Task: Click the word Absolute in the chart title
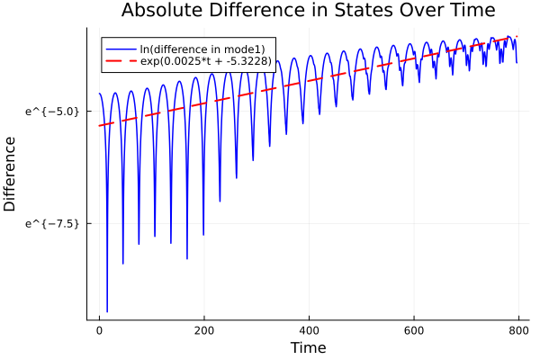pos(159,11)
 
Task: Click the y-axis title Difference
pos(11,174)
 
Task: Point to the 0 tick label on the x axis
pos(99,331)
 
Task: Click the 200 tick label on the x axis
pos(204,331)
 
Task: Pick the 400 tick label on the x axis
pos(309,331)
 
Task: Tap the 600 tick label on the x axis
pos(414,331)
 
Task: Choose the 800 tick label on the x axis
pos(518,331)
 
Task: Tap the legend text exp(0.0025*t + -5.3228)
pos(206,60)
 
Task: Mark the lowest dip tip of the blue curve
pos(107,311)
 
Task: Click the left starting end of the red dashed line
pos(99,125)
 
